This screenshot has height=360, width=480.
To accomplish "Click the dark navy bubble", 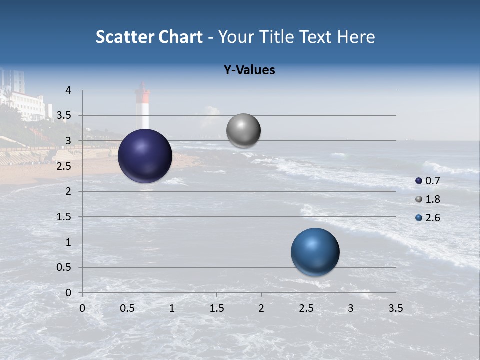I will point(145,156).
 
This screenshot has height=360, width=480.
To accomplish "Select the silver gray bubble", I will point(243,131).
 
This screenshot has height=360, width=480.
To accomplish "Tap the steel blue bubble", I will point(315,252).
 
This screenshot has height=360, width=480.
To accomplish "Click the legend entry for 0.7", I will point(428,181).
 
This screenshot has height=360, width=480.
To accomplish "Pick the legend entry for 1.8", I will point(428,199).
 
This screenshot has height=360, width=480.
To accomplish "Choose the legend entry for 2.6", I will point(428,218).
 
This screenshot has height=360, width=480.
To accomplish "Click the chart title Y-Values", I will point(249,70).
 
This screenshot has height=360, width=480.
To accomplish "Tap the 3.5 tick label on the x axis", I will point(395,308).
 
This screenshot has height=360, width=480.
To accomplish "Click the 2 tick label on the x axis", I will point(261,308).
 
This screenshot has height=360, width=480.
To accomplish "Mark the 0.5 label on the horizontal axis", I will point(127,308).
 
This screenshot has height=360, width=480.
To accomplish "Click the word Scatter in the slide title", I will point(124,37).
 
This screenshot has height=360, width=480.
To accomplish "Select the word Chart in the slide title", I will point(181,37).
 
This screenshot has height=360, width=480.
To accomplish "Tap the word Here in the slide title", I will point(356,37).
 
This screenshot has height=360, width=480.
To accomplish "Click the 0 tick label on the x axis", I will point(82,308).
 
